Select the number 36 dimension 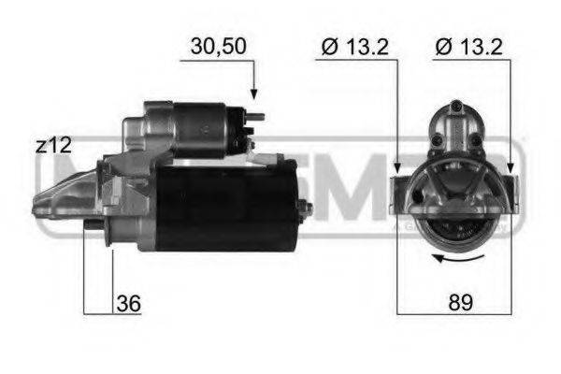click(128, 303)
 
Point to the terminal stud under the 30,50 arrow click(254, 118)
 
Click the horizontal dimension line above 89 click(454, 312)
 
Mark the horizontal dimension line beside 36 click(110, 312)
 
